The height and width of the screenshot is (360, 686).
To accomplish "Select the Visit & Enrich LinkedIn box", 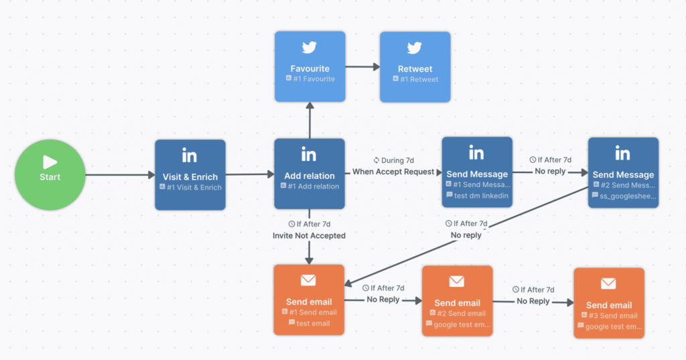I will click(x=190, y=175).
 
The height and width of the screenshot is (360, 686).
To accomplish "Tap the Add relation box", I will click(x=309, y=174).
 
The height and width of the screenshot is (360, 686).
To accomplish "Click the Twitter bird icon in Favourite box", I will click(x=310, y=48).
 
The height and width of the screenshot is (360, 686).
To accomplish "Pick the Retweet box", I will click(x=415, y=66).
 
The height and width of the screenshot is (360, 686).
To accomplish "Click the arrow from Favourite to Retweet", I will click(x=362, y=66).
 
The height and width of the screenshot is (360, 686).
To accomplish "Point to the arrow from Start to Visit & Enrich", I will click(x=120, y=176).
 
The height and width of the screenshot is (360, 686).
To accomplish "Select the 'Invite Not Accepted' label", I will click(x=309, y=235).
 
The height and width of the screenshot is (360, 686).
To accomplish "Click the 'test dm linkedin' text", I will click(x=481, y=195).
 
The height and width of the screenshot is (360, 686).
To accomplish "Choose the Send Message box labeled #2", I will click(x=623, y=172).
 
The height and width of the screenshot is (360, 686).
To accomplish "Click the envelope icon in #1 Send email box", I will click(x=309, y=280).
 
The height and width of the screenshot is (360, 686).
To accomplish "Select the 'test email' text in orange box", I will click(x=313, y=323).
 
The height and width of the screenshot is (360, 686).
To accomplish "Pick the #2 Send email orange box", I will click(x=457, y=301).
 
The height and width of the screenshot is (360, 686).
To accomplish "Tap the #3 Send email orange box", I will click(x=608, y=303).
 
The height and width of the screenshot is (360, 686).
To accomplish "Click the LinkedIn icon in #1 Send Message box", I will click(x=476, y=154).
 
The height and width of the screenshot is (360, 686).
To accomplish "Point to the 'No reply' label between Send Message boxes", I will click(x=549, y=171).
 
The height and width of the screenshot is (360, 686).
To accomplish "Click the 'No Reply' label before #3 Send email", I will click(x=533, y=301).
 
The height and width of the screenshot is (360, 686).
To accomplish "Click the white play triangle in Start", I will click(x=50, y=162).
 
